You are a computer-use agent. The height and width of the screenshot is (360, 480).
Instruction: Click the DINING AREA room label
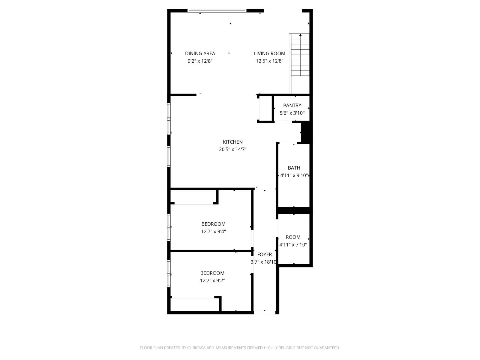[200, 53]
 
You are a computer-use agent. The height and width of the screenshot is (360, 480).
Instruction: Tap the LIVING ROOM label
[269, 53]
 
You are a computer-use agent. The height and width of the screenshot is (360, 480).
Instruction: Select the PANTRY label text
[292, 105]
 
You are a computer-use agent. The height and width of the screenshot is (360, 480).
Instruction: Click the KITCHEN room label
[232, 142]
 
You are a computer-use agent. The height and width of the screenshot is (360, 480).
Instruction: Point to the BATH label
[294, 168]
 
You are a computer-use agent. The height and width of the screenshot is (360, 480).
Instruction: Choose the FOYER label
[264, 254]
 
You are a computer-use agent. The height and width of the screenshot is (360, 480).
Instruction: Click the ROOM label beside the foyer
[293, 237]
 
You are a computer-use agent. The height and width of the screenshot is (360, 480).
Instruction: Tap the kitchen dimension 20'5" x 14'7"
[232, 149]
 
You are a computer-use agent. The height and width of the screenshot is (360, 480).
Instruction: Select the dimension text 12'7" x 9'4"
[213, 231]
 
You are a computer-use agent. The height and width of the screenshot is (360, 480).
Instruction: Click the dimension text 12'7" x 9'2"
[212, 280]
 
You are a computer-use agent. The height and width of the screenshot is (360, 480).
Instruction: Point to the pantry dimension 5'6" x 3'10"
[292, 113]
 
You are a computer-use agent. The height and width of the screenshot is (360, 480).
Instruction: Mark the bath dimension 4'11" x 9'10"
[294, 175]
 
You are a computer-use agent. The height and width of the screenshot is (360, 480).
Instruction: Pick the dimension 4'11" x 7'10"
[293, 244]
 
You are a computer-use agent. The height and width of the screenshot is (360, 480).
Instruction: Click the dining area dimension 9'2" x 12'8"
[200, 61]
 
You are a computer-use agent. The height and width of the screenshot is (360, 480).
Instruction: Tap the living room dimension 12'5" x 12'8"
[269, 61]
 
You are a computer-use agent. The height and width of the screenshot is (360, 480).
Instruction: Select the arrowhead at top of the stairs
[300, 35]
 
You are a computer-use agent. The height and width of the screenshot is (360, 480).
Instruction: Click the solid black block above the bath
[306, 132]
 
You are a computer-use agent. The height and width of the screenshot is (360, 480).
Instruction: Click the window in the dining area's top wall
[217, 11]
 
